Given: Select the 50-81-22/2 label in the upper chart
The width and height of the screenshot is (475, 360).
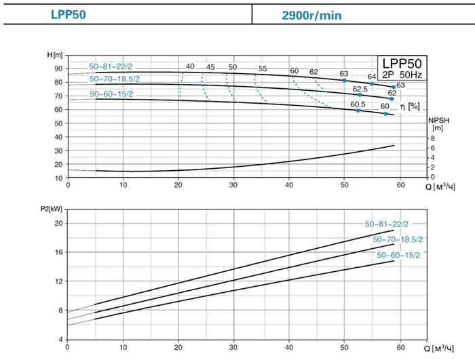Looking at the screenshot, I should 111,67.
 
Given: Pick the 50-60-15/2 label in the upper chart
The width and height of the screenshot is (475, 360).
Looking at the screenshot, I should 111,94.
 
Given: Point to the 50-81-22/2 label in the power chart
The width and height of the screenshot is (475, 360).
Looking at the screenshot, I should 387,224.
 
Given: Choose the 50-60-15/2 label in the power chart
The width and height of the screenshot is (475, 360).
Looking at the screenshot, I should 398,255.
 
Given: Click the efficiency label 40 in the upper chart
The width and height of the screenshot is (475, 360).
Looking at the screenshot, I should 190,67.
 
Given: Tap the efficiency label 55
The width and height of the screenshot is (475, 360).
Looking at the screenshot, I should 263,68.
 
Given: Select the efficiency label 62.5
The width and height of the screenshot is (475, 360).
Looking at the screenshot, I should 360,89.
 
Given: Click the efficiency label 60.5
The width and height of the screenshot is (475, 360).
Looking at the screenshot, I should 358,104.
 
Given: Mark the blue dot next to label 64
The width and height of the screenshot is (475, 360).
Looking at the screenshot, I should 372,84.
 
